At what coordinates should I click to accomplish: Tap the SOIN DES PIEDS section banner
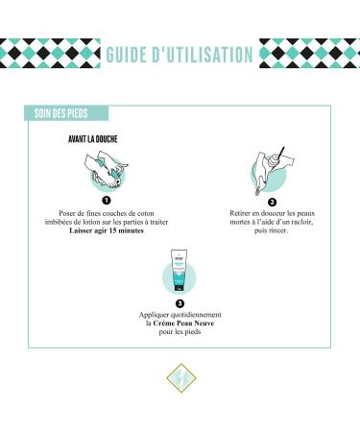[63, 114]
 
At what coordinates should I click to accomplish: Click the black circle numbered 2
[272, 203]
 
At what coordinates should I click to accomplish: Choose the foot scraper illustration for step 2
[272, 170]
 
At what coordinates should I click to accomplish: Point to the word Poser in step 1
[55, 213]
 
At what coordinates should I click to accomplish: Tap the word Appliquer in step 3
[154, 314]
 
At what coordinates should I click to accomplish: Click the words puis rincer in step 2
[272, 233]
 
